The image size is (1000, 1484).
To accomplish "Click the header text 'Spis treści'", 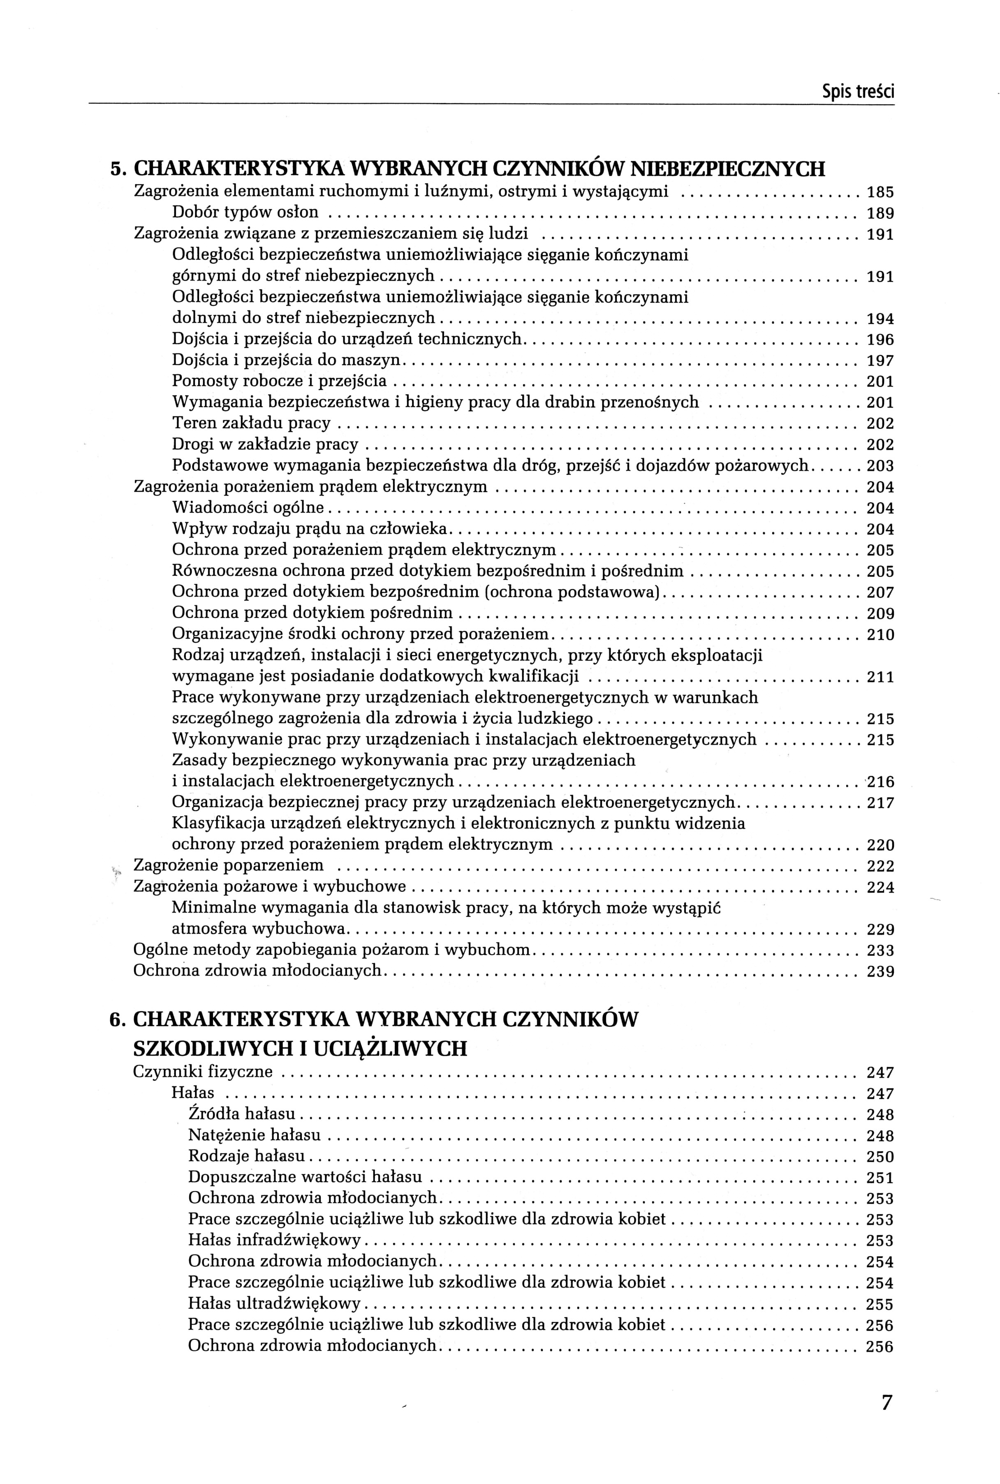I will (858, 92).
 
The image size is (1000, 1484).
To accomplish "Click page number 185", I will (880, 192).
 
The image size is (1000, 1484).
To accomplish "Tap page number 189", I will (880, 213).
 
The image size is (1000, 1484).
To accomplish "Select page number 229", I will (880, 929).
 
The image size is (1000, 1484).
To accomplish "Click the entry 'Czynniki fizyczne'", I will (203, 1072).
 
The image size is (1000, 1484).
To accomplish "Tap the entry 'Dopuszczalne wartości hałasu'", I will (305, 1177).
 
